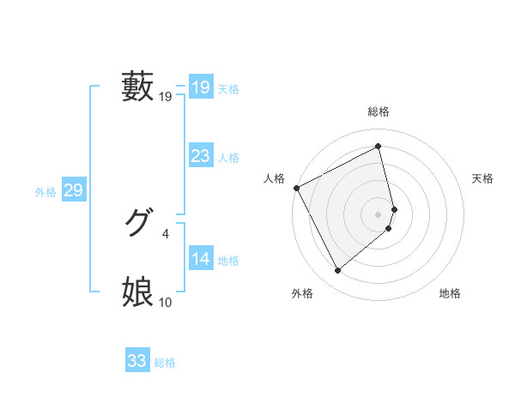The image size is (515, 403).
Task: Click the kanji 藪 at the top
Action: coord(138,87)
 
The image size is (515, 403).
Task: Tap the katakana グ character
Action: coord(138,224)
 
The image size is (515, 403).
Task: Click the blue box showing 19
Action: coord(200,87)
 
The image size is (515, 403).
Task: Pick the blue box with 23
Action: coord(200,156)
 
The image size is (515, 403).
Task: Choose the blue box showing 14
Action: coord(200,259)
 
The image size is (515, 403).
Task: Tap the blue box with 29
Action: coord(73,190)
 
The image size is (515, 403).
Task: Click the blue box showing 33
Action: coord(136,361)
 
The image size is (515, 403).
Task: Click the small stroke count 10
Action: coord(166,302)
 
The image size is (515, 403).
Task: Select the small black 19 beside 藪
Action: coord(166,97)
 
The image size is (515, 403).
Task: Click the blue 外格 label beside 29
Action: coord(45,192)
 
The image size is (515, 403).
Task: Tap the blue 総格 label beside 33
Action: coord(165,363)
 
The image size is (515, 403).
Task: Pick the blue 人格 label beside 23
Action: coord(228,158)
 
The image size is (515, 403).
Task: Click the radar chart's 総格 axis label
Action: coord(379,112)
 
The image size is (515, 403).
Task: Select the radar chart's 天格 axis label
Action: coord(483,178)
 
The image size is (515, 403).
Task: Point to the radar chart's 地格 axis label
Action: coord(450,294)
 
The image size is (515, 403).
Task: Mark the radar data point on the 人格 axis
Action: coord(296,188)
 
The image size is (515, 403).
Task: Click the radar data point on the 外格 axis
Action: coord(337,271)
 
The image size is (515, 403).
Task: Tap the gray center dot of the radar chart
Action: coord(379,214)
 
